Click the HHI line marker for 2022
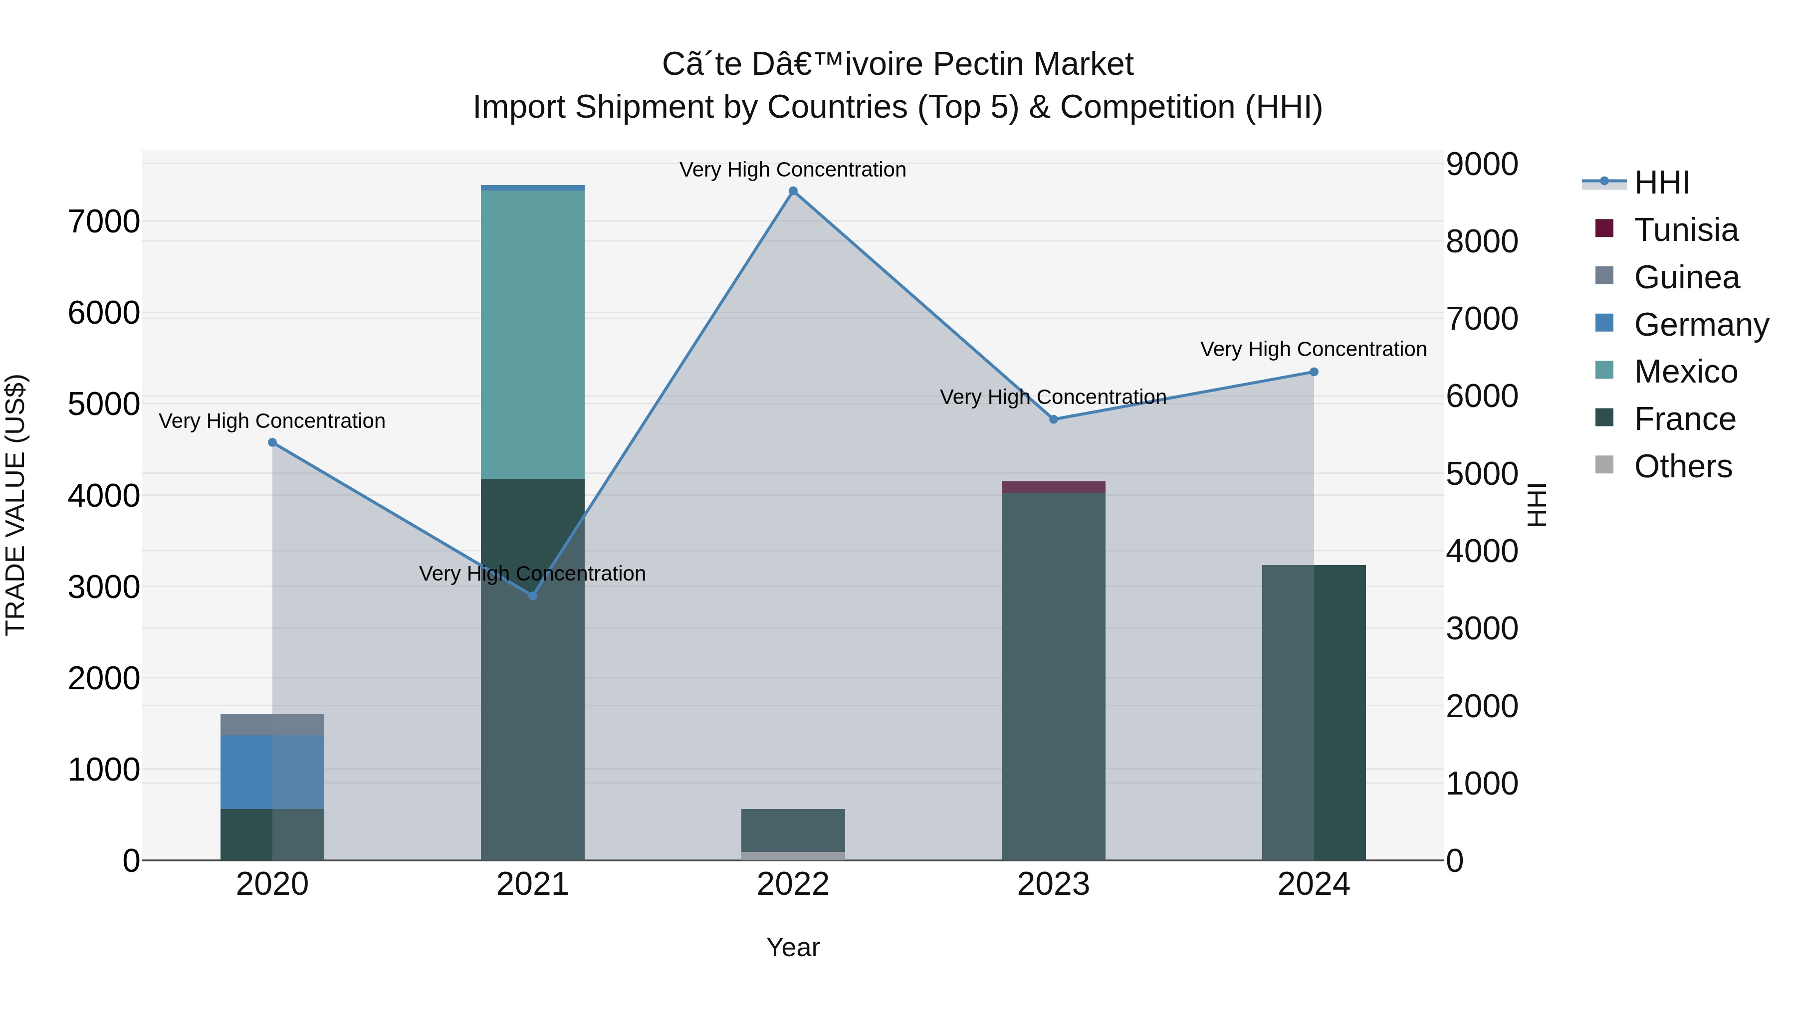tap(793, 191)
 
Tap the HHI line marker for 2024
tap(1314, 372)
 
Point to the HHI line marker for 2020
tap(272, 442)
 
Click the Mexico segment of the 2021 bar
tap(533, 335)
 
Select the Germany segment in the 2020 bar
tap(272, 772)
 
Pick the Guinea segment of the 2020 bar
tap(272, 724)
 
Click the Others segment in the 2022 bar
tap(793, 856)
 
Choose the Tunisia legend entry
tap(1685, 230)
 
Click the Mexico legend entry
tap(1685, 372)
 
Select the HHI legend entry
tap(1661, 183)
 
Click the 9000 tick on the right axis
tap(1482, 165)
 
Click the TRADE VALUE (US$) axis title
tap(15, 505)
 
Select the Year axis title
tap(793, 947)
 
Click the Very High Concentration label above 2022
tap(793, 170)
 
